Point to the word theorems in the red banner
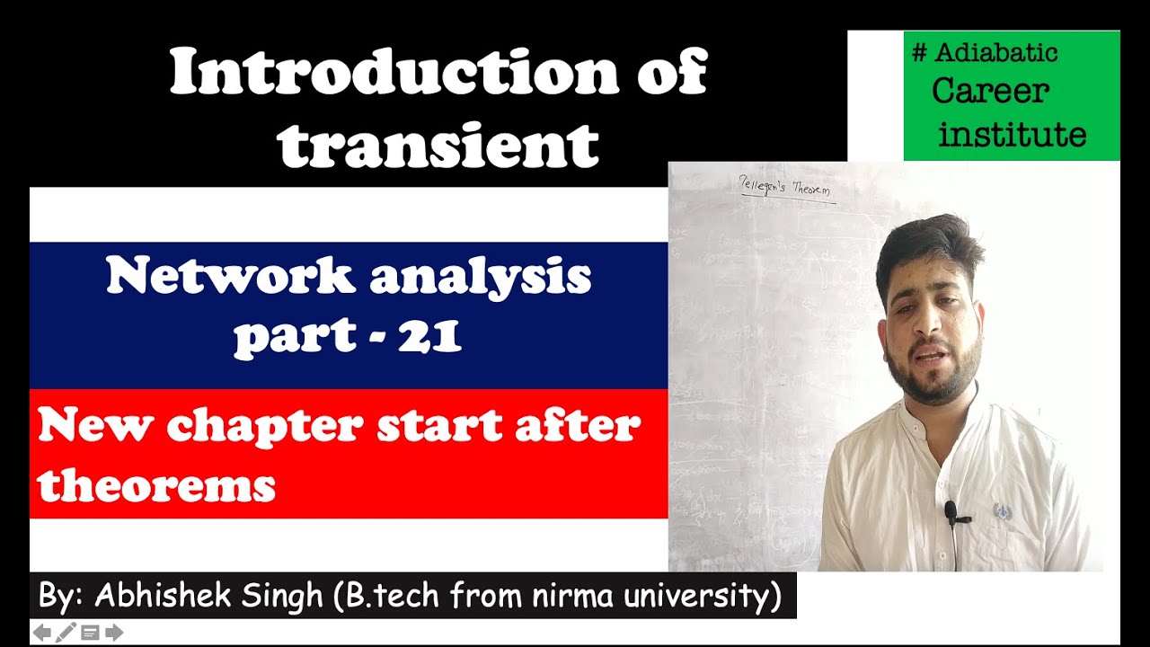click(156, 486)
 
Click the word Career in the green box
click(990, 91)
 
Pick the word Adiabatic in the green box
click(996, 53)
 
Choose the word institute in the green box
click(1012, 135)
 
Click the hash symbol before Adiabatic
click(919, 53)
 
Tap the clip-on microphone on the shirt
click(951, 512)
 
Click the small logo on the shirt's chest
click(1001, 511)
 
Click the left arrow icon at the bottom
click(42, 633)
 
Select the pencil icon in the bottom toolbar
click(66, 633)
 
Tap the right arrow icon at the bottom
click(114, 633)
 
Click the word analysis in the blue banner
click(480, 277)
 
